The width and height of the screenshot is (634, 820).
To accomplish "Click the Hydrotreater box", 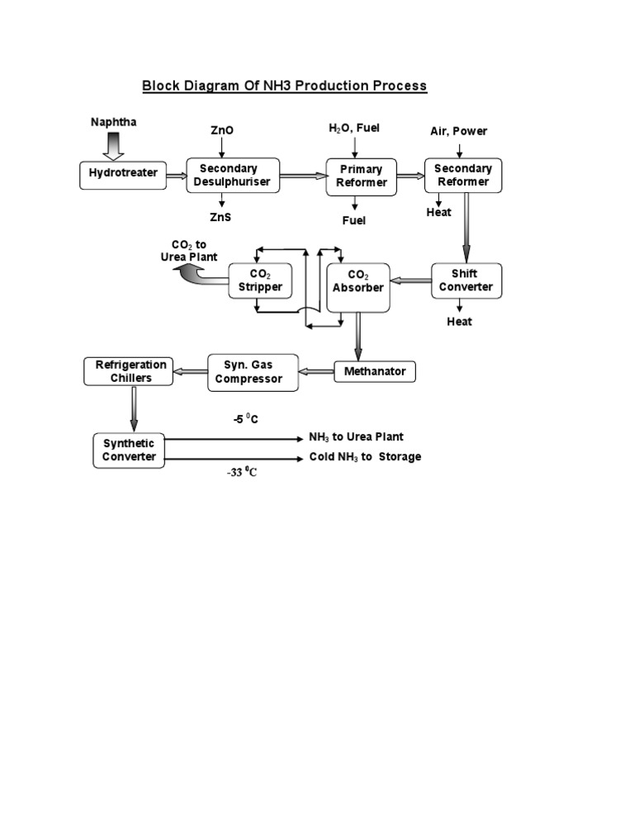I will (123, 174).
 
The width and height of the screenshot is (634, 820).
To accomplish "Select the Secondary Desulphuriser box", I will (232, 175).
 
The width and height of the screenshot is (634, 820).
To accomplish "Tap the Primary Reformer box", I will (361, 176).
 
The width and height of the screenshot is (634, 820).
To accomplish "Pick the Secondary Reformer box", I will (463, 175).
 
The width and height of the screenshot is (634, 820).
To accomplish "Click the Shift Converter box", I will (466, 280).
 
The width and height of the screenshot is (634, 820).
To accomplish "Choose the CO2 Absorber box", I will (358, 281).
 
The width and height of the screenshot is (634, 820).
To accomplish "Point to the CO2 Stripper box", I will (260, 280).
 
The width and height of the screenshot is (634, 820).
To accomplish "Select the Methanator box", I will (375, 371).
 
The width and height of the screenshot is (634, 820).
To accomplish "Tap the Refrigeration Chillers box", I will (130, 371).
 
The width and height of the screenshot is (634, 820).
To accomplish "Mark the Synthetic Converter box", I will (129, 450).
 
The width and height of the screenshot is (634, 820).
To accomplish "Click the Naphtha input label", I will (114, 122).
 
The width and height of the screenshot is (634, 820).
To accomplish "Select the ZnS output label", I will (221, 218).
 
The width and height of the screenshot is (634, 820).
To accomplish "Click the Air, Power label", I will (459, 131).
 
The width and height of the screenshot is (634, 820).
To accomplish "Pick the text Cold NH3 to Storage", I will (365, 457).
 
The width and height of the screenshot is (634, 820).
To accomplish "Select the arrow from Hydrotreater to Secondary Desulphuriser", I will (177, 174).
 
